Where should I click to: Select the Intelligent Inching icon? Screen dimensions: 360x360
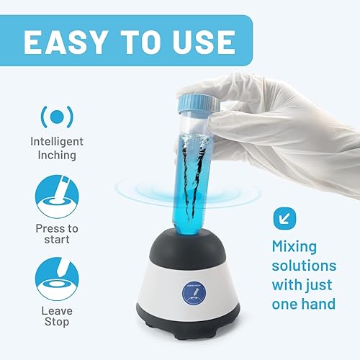[58, 116]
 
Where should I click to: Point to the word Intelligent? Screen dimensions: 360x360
[58, 142]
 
